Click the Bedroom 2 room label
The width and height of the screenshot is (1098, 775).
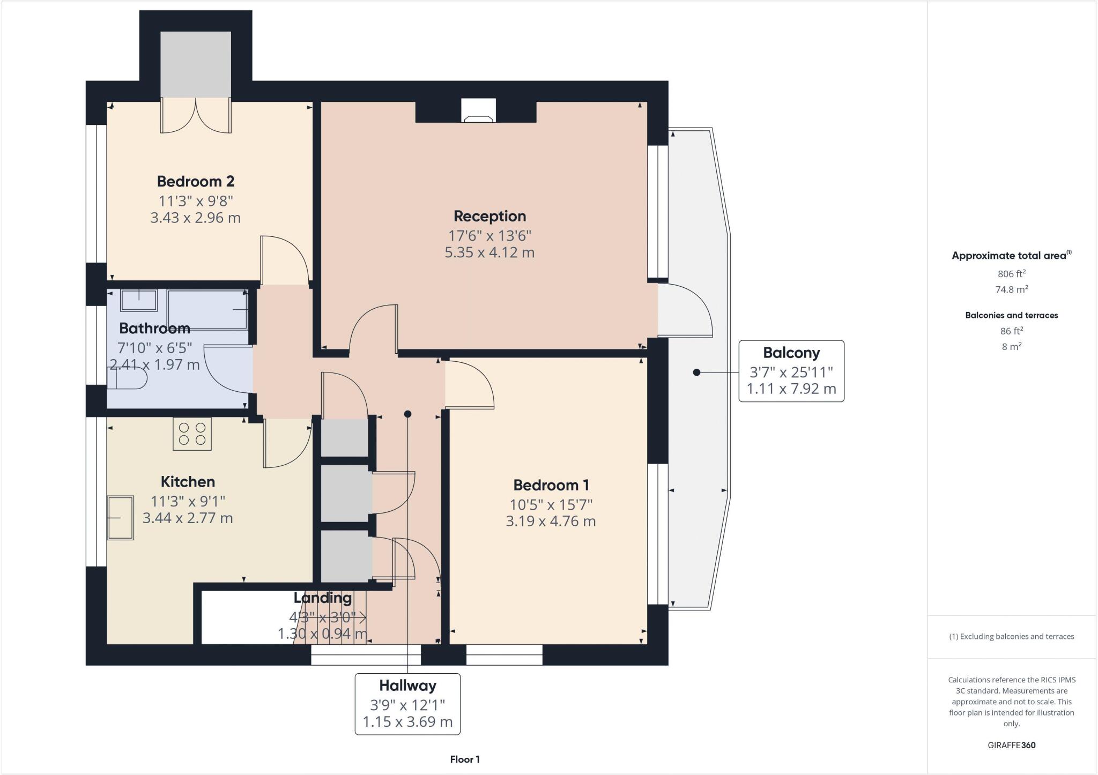196,181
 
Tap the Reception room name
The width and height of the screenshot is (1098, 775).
489,216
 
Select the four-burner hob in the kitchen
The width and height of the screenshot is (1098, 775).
192,434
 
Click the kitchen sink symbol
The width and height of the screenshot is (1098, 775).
120,517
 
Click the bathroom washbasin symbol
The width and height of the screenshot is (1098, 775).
139,300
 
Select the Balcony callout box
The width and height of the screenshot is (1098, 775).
791,371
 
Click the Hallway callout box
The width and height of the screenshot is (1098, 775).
407,703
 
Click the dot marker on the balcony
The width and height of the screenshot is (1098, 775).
696,372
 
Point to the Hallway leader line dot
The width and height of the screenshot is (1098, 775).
407,414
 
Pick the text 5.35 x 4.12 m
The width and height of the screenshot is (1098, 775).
489,252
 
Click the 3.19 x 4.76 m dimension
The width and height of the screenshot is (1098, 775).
551,521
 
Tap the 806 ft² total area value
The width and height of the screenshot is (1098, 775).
1011,274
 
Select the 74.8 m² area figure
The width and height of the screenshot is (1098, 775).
1011,289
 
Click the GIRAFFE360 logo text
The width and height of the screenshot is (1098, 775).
1011,745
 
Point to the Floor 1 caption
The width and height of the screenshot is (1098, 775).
465,759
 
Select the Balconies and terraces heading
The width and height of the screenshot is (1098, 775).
1011,315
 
